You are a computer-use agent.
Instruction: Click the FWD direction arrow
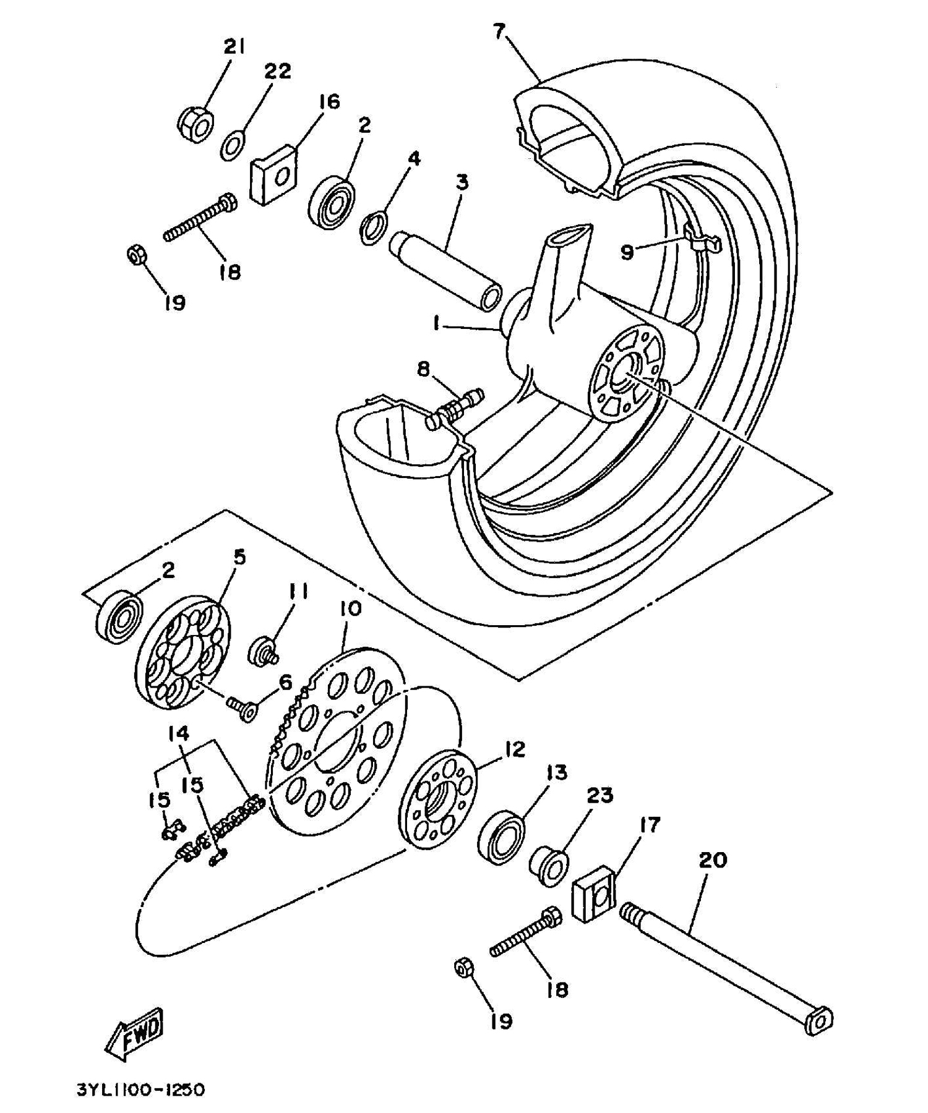(134, 1032)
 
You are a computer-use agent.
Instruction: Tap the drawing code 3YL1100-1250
(140, 1090)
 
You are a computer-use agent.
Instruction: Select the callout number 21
(234, 47)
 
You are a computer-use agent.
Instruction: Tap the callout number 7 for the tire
(499, 32)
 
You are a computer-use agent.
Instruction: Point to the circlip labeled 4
(373, 228)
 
